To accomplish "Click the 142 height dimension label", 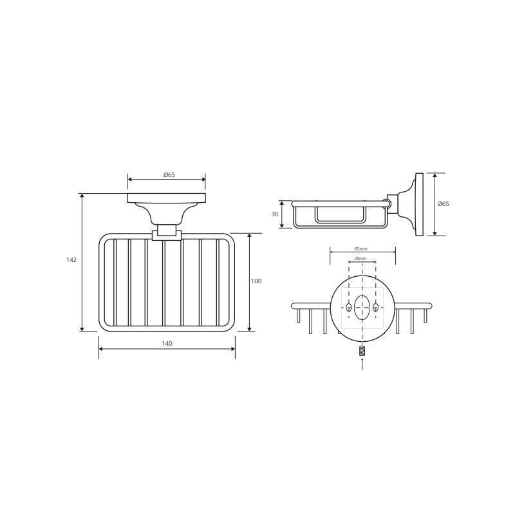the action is (x=71, y=260).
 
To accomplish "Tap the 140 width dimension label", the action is (x=167, y=344).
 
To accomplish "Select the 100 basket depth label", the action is (x=256, y=281).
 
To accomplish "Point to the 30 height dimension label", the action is (x=275, y=214).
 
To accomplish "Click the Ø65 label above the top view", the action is (x=169, y=174).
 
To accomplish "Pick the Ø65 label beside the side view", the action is (x=443, y=204).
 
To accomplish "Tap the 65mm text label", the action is (x=360, y=249).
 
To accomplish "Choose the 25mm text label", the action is (x=360, y=259).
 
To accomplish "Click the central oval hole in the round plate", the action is (x=362, y=308).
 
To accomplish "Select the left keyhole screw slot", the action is (x=349, y=308).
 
